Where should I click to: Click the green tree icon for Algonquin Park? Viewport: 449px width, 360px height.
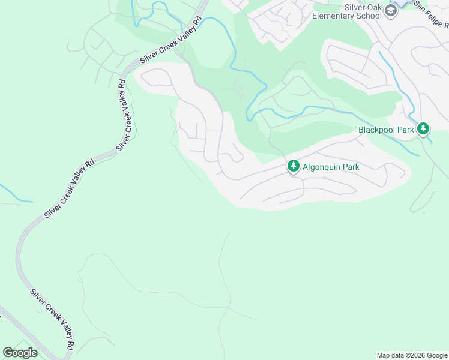point(293,166)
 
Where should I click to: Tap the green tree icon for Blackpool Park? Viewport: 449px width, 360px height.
point(423,129)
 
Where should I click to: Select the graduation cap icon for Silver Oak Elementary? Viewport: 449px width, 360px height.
point(391,11)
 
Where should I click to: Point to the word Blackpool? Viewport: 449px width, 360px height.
point(377,130)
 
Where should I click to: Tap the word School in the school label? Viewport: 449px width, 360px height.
point(369,16)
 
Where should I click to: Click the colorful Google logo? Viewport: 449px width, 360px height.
point(20,352)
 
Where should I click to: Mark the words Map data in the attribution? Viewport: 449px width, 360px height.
point(389,355)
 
